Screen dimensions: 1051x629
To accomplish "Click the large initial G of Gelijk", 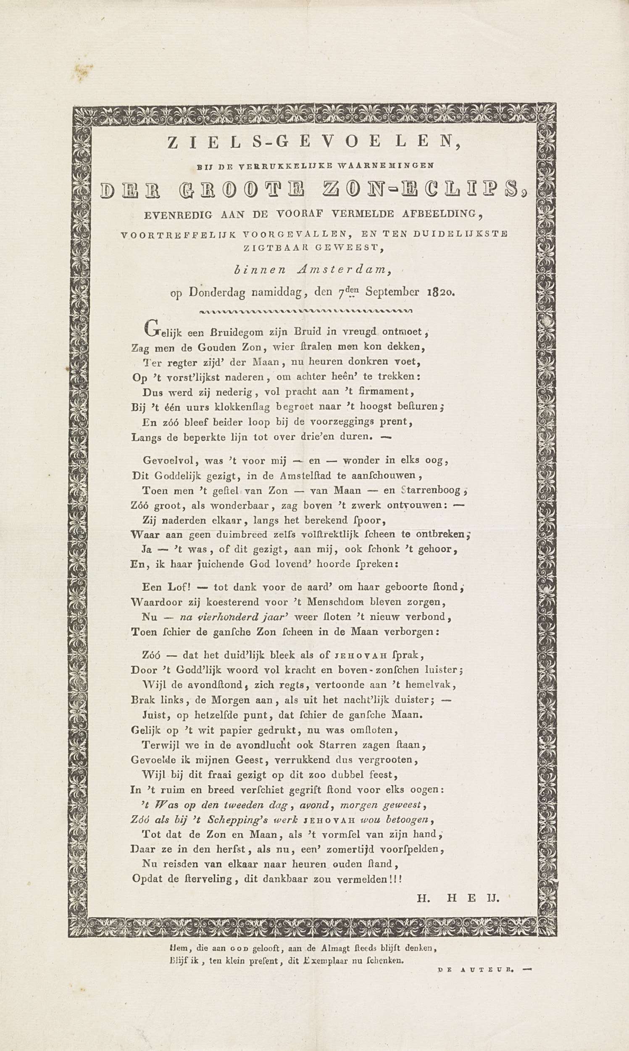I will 151,328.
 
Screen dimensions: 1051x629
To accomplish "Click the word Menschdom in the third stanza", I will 332,602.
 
